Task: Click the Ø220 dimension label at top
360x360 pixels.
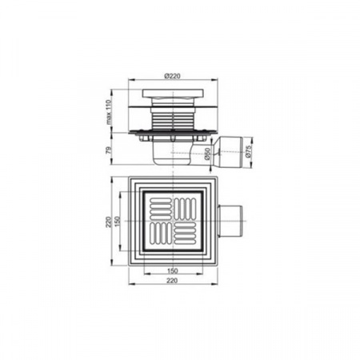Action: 173,76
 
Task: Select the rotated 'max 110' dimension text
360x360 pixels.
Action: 108,112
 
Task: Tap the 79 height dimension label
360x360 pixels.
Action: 108,150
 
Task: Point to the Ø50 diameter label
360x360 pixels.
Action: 207,154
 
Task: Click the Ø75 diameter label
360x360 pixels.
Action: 248,151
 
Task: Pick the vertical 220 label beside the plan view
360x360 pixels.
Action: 108,222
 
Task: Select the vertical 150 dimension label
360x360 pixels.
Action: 118,222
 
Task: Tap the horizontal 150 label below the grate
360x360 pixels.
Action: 173,271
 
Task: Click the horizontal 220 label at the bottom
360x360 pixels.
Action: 172,281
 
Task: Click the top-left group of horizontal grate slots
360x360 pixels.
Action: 161,209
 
